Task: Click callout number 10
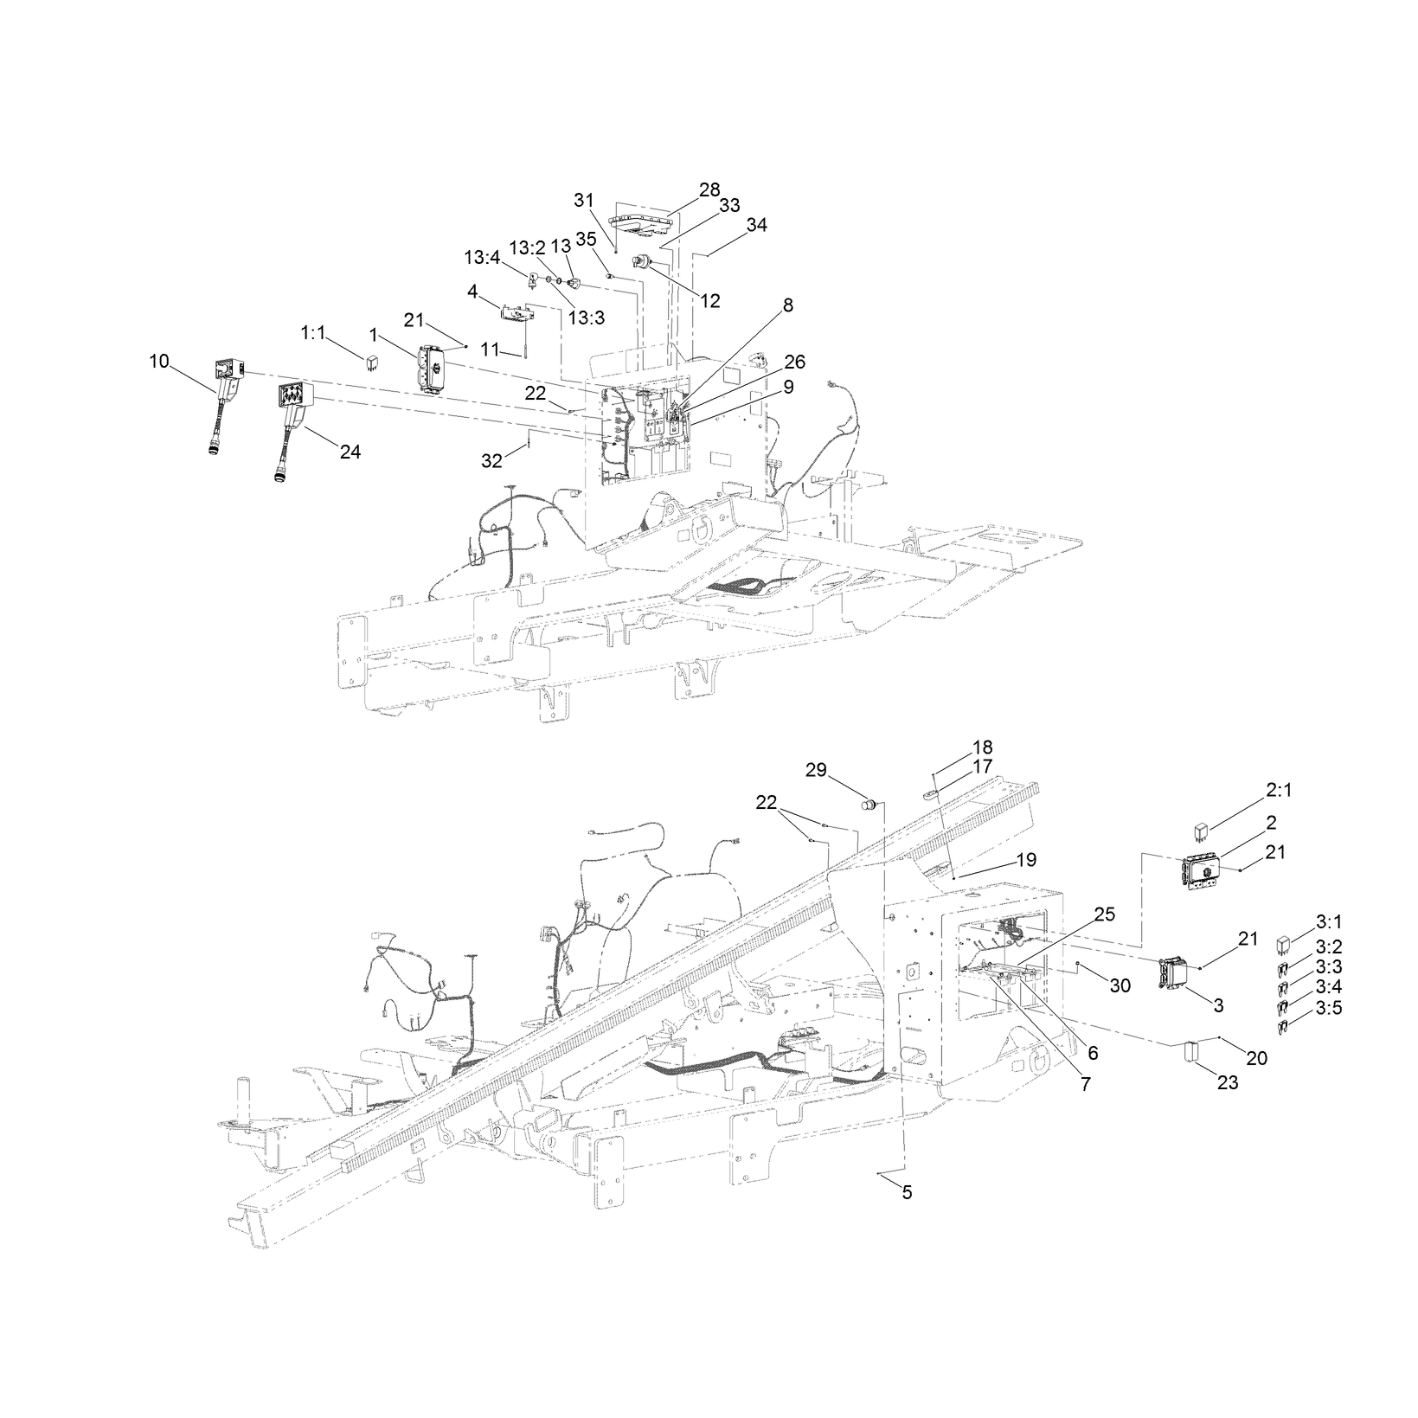[159, 361]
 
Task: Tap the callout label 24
[350, 452]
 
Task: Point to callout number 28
[709, 189]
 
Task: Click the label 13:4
[481, 257]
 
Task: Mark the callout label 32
[491, 461]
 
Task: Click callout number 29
[817, 769]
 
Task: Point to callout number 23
[1228, 1082]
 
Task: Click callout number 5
[907, 1192]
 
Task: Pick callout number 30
[1120, 985]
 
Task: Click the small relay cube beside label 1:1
[370, 361]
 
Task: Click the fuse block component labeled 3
[1174, 971]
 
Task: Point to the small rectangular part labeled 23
[1190, 1051]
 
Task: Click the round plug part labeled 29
[869, 807]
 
